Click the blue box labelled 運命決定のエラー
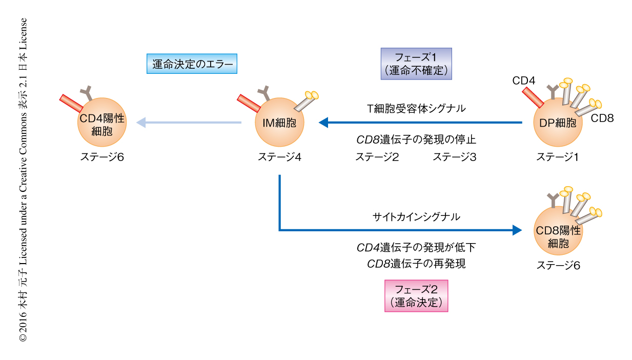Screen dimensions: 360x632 point(192,64)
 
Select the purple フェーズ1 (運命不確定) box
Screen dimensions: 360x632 point(416,64)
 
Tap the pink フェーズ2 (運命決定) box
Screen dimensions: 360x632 point(416,296)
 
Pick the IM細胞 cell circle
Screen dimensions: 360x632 point(279,123)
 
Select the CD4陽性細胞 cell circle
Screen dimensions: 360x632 point(101,123)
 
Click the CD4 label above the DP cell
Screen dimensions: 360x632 point(523,81)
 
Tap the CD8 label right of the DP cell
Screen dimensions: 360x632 point(602,118)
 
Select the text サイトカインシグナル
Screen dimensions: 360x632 point(416,217)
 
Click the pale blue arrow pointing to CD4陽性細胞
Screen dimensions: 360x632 point(190,123)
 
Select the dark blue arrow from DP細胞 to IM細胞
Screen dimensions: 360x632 point(420,123)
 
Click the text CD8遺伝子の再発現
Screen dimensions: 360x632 point(416,264)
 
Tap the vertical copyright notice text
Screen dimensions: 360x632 point(23,179)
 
